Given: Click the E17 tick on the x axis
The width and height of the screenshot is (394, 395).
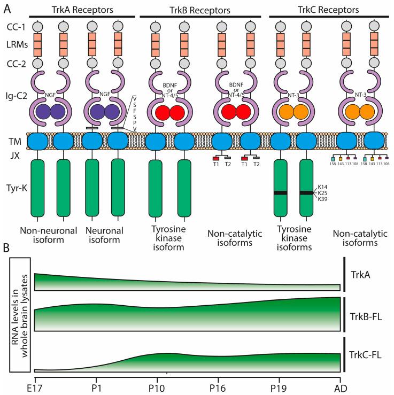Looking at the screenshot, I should [x=34, y=386].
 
